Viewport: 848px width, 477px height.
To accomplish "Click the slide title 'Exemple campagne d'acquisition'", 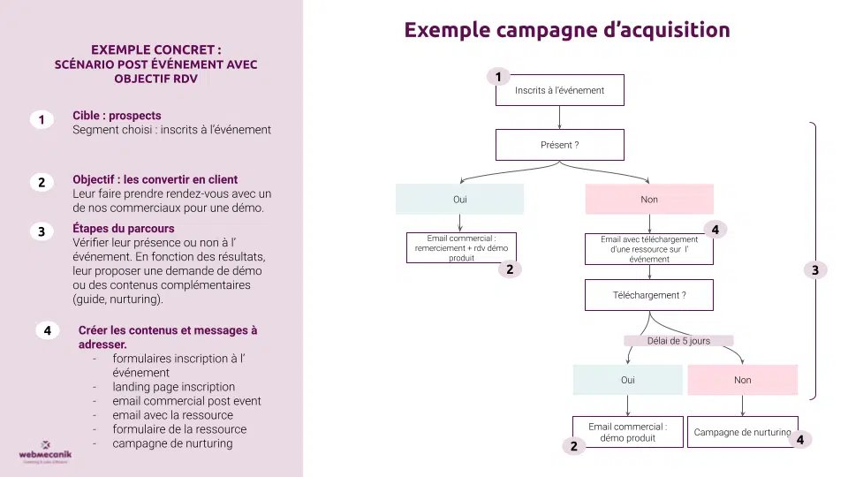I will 567,30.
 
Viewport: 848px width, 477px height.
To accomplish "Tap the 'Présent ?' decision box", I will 560,144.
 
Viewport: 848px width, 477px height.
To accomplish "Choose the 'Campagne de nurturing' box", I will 742,432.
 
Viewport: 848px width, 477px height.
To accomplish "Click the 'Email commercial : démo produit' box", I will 627,432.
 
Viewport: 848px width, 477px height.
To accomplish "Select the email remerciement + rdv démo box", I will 461,247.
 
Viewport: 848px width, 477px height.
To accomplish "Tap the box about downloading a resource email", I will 649,248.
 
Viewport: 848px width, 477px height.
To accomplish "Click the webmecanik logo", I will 44,451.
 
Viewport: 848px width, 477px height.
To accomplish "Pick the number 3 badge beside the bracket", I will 815,270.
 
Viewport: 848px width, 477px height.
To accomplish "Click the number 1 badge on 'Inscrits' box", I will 499,77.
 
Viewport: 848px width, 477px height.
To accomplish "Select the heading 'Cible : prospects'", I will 117,116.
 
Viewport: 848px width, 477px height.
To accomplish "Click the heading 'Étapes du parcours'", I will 123,229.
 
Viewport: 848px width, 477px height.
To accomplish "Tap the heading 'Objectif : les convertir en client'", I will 155,179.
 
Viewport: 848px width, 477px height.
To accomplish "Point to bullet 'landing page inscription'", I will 173,387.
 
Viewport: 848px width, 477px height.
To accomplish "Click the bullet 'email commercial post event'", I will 186,401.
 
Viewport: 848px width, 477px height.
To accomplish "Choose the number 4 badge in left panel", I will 48,330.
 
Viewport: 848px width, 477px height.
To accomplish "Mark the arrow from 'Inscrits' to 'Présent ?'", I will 560,117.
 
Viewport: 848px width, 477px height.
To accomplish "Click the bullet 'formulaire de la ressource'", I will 179,429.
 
